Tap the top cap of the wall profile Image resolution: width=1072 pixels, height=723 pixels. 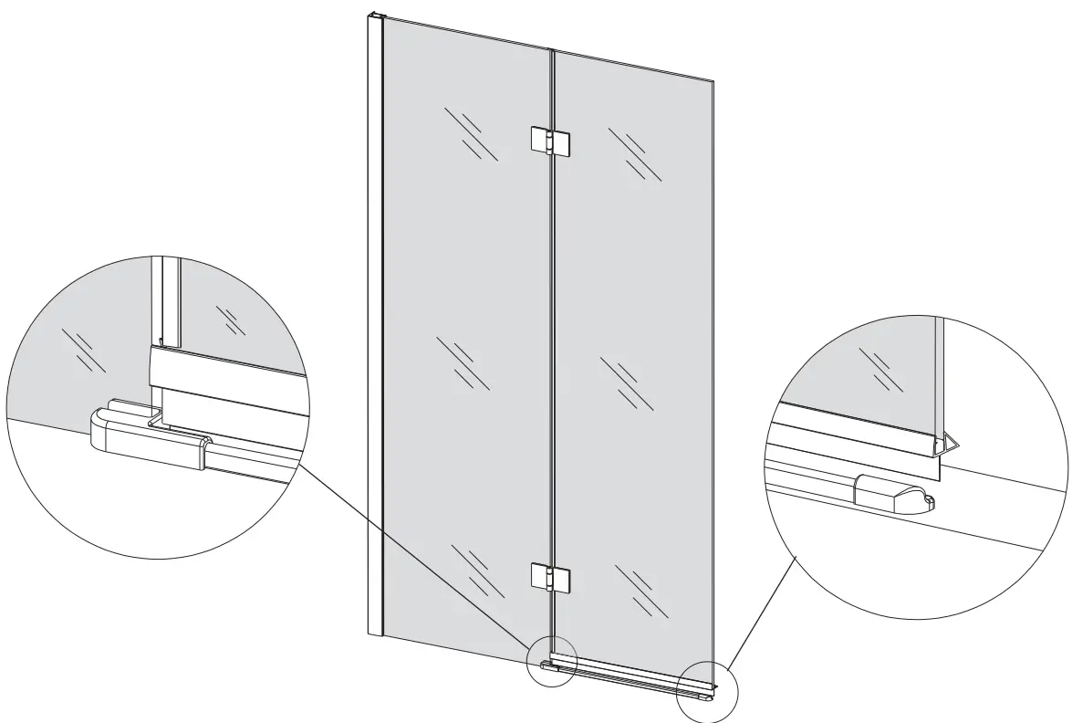pos(374,15)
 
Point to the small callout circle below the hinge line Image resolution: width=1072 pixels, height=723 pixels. pos(552,659)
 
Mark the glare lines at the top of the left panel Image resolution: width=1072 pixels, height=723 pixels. pos(471,133)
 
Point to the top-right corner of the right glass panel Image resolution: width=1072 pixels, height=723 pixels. pos(713,80)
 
